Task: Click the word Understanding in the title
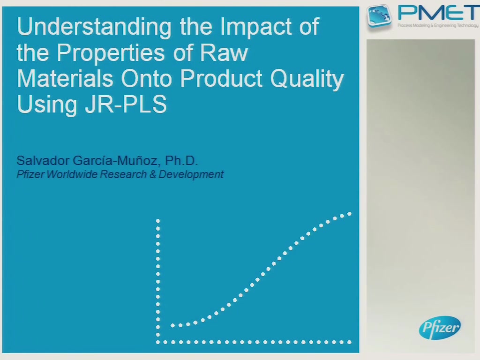point(94,27)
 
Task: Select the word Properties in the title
point(112,52)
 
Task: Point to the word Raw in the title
point(224,52)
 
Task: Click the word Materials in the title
point(65,79)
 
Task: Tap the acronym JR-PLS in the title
point(126,104)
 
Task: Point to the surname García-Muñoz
point(116,160)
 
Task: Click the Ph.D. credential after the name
point(181,160)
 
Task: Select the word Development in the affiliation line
point(191,174)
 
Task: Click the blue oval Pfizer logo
point(440,328)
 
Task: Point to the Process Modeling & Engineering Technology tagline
point(438,25)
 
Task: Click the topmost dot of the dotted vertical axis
point(157,221)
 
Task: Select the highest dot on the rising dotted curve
point(349,214)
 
